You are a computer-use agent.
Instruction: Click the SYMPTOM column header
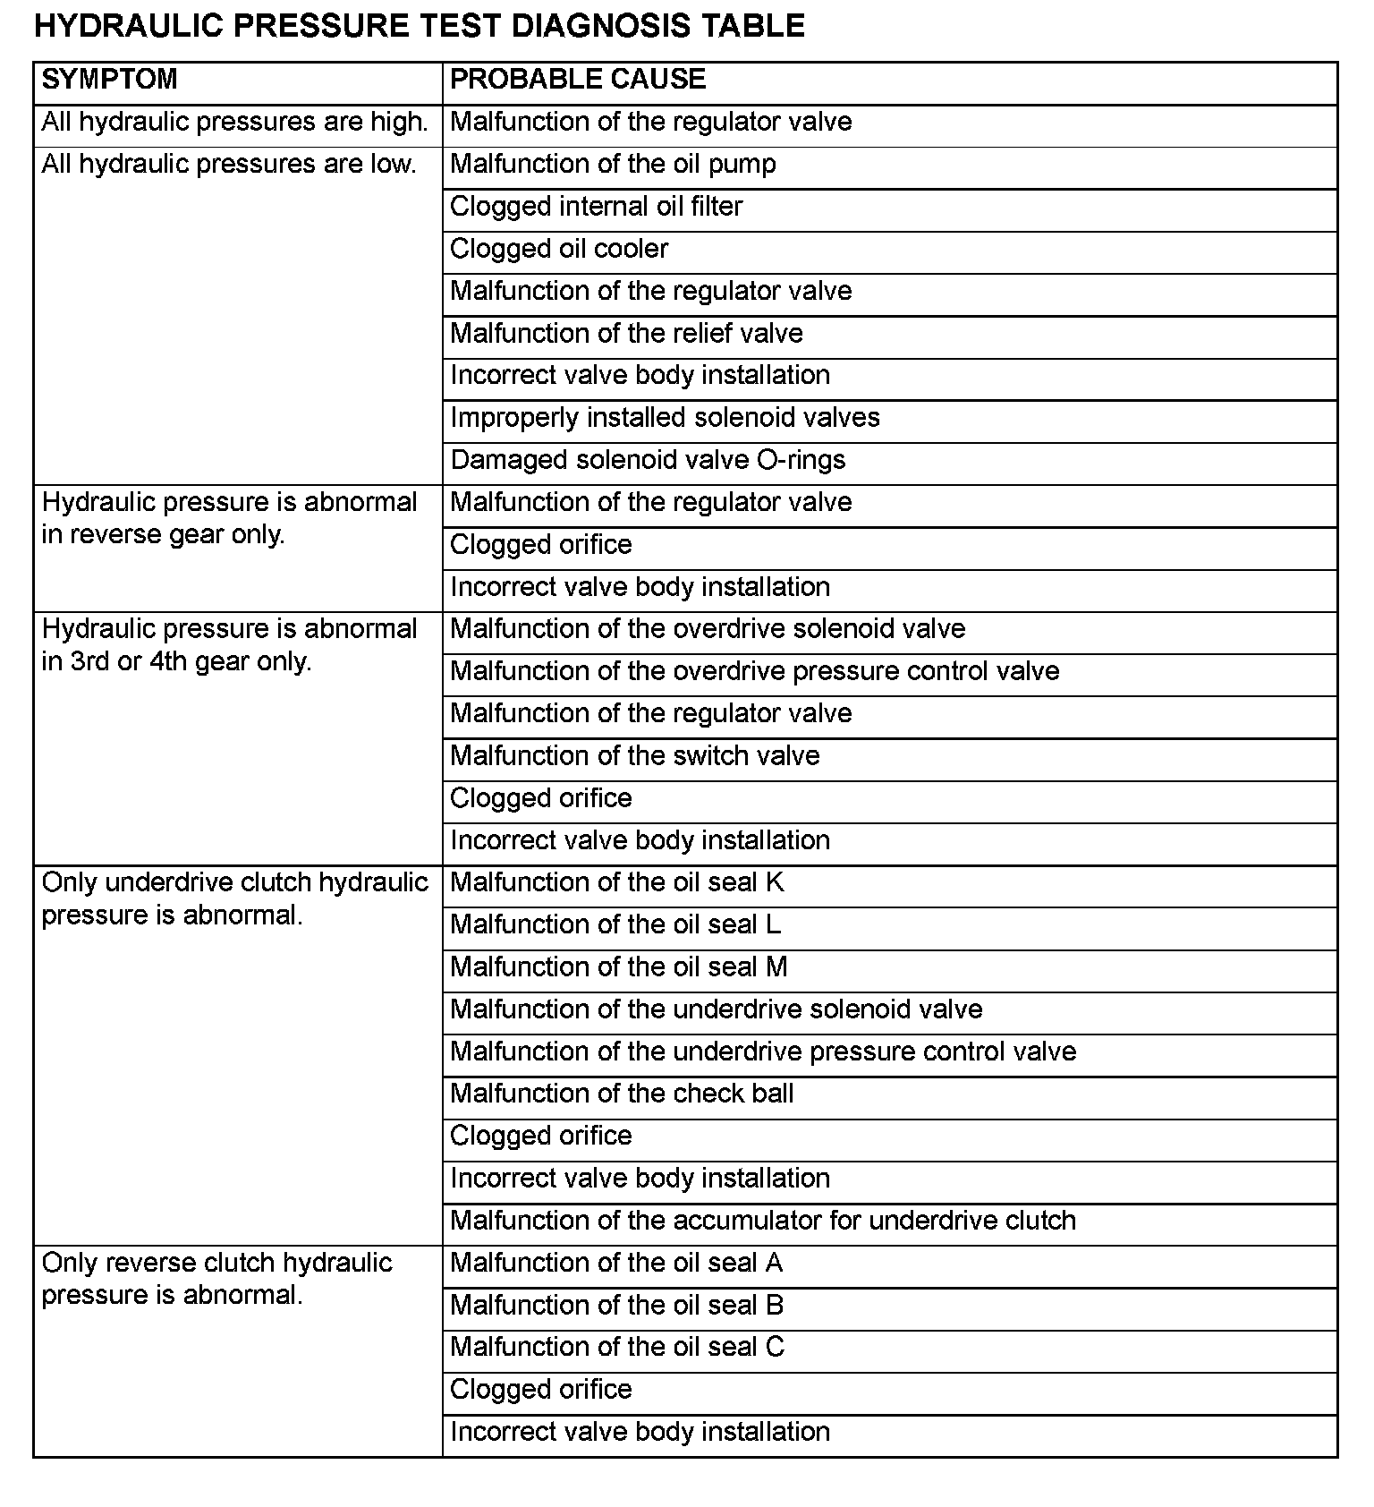(x=109, y=80)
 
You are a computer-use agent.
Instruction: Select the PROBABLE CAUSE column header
(x=577, y=80)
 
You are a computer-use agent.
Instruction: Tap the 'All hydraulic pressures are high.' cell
(x=234, y=122)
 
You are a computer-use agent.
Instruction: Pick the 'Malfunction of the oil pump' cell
(x=613, y=164)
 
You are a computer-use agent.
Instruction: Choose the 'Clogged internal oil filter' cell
(x=596, y=207)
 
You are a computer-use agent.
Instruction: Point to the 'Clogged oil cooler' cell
(x=559, y=249)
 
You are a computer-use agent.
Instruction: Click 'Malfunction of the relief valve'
(x=626, y=333)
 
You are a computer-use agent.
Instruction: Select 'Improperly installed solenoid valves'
(x=665, y=418)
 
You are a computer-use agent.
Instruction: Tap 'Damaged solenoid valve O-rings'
(x=648, y=460)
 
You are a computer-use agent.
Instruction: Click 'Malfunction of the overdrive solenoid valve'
(x=708, y=629)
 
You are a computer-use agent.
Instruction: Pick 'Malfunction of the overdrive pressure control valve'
(x=754, y=671)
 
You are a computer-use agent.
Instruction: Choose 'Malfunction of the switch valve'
(x=634, y=756)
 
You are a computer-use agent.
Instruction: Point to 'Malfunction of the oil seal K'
(x=616, y=882)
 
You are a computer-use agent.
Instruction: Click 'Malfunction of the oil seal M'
(x=618, y=967)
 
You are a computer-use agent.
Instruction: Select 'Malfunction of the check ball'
(x=622, y=1094)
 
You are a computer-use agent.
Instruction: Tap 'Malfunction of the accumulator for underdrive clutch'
(x=762, y=1221)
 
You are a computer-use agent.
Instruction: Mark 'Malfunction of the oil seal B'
(x=616, y=1306)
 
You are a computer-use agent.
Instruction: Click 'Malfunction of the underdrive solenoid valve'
(x=716, y=1009)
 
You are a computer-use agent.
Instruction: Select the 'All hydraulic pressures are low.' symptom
(x=229, y=165)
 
